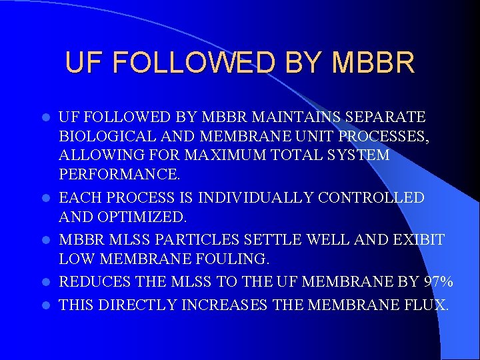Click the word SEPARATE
point(386,117)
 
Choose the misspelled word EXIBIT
point(419,239)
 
